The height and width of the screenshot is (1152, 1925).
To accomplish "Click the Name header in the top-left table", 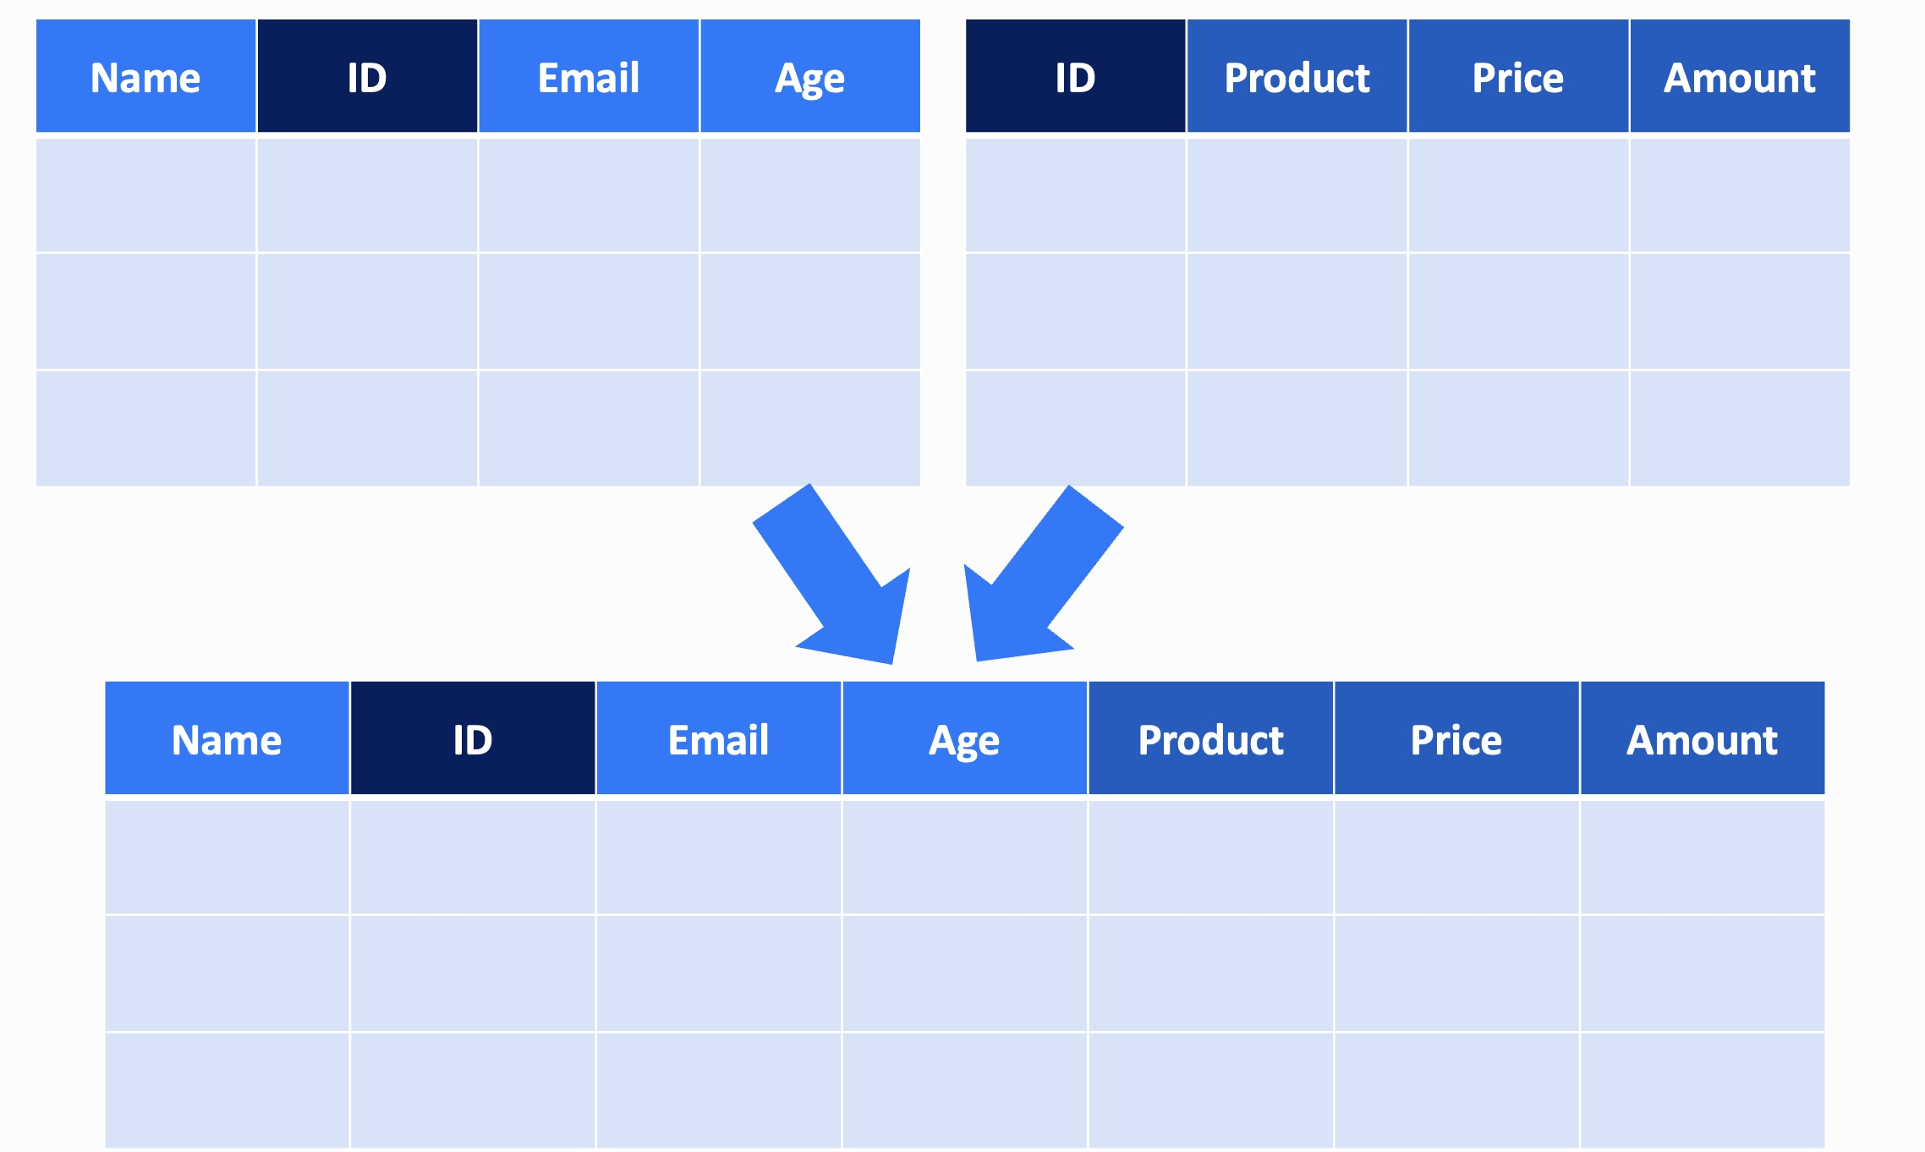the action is click(x=145, y=76).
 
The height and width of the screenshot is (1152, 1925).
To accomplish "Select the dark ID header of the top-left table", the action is click(x=367, y=76).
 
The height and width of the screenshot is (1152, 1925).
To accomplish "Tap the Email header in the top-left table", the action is click(x=589, y=76).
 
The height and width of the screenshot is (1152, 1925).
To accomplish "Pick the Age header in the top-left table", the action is click(x=810, y=76).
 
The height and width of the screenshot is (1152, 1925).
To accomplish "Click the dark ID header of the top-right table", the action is click(x=1075, y=76).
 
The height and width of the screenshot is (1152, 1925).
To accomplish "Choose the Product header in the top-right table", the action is click(x=1297, y=76).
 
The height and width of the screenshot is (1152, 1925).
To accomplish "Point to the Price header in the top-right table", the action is click(x=1518, y=76).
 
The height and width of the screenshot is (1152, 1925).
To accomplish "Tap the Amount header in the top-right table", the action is click(x=1740, y=76).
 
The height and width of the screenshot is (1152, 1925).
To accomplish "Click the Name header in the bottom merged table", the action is click(x=227, y=738).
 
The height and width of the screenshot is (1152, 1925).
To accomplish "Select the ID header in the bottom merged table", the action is click(x=473, y=738).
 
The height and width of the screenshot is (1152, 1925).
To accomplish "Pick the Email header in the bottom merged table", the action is click(x=719, y=738).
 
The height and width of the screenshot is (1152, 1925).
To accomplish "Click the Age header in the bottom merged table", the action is click(x=964, y=738).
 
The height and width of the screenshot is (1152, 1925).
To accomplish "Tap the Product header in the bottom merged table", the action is click(x=1210, y=738).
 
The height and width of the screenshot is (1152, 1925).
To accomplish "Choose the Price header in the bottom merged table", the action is click(x=1456, y=738).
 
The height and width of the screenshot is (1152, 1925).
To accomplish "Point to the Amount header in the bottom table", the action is click(x=1703, y=738).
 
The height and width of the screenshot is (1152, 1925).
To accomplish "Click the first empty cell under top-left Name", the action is click(x=145, y=195).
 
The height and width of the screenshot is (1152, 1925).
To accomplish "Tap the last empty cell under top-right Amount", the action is click(x=1740, y=429).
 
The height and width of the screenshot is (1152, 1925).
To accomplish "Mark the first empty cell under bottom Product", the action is click(x=1210, y=857).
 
